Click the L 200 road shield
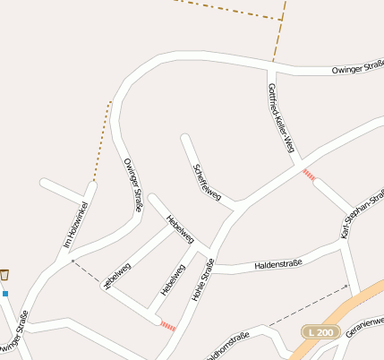[319, 331]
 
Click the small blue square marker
[5, 293]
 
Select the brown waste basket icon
[5, 275]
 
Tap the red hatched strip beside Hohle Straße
[167, 326]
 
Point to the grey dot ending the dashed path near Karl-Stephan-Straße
[346, 287]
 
